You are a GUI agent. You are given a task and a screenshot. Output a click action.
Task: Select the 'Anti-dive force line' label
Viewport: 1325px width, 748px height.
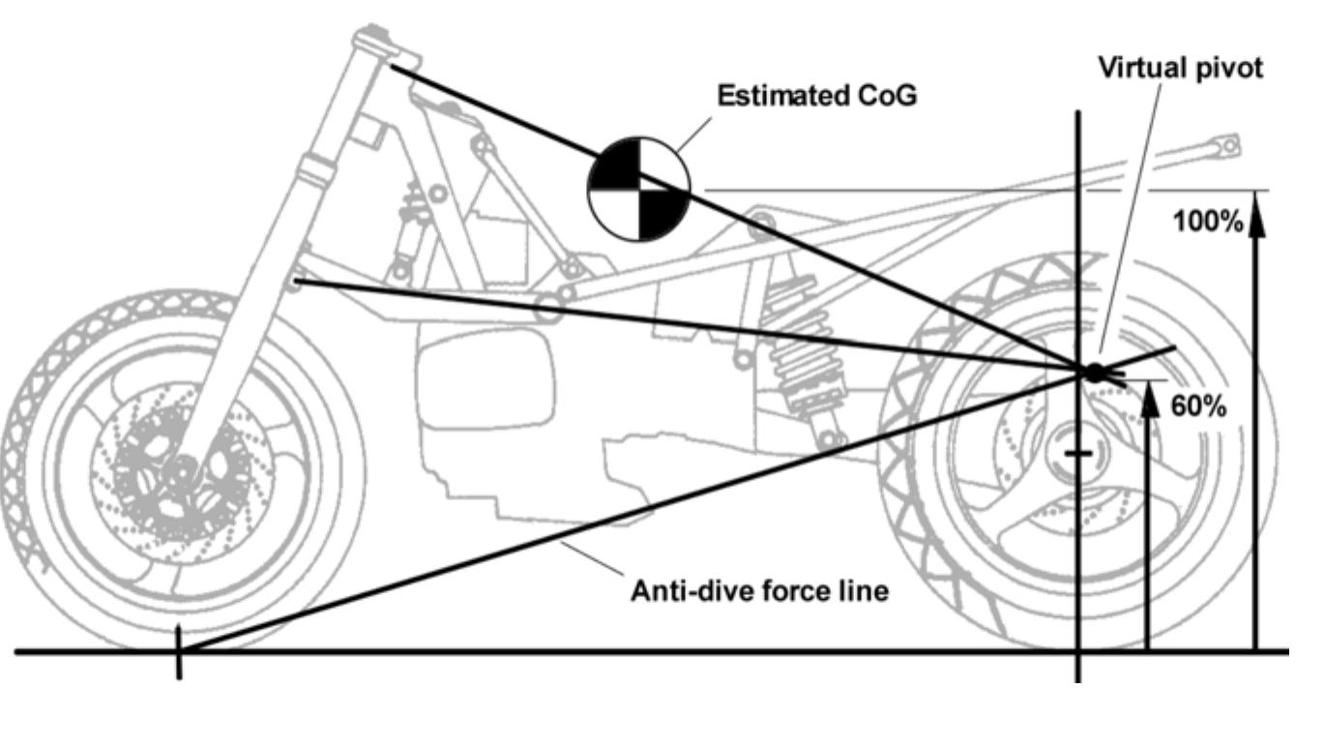(x=758, y=590)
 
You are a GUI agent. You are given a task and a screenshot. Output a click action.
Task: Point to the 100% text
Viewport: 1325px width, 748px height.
(x=1207, y=222)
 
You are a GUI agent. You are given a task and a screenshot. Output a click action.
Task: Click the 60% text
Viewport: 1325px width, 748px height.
(x=1198, y=404)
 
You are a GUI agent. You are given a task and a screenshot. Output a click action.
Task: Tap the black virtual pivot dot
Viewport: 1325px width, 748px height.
(x=1094, y=372)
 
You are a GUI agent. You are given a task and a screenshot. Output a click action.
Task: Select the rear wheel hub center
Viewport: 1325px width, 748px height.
(x=1081, y=454)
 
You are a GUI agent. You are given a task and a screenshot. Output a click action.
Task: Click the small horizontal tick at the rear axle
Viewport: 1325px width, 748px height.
(x=1079, y=453)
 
